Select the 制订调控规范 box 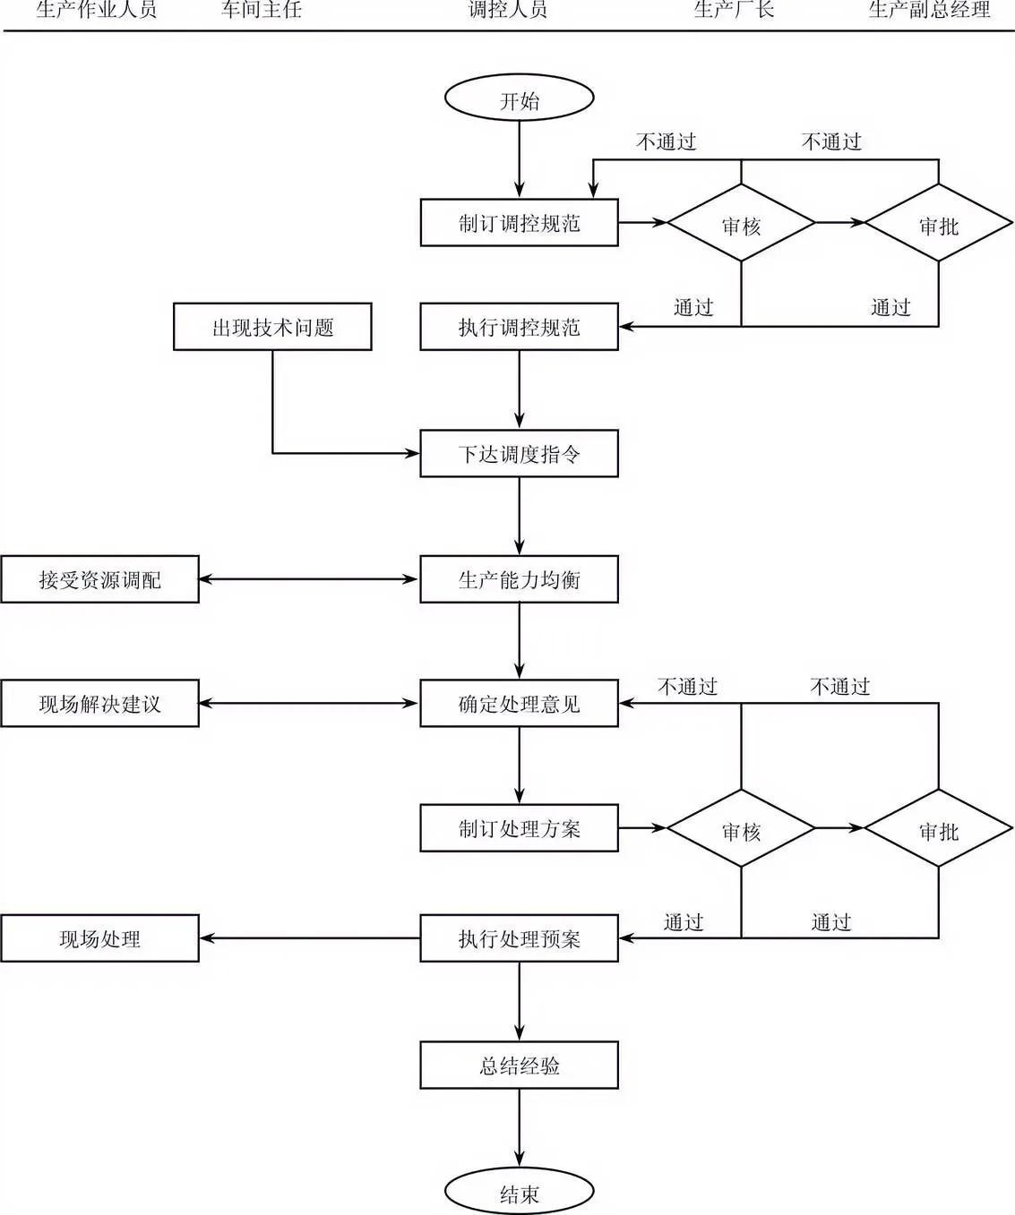[519, 222]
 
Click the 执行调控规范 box [519, 327]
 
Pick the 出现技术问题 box [272, 327]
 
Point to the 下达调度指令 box [519, 454]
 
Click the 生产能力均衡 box [519, 579]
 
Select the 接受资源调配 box [99, 579]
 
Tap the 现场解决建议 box [99, 704]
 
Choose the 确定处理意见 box [519, 704]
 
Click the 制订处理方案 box [519, 828]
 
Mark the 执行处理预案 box [519, 938]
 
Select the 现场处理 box [99, 938]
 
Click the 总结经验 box [519, 1065]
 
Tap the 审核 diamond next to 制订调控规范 [741, 224]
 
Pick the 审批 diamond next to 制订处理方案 [938, 829]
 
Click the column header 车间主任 [262, 11]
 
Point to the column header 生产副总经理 [929, 11]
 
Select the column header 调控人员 [508, 11]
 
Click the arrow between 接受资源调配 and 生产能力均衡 [309, 579]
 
